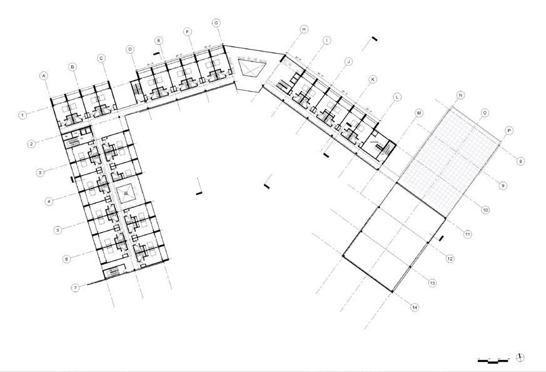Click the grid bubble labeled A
pos(44,76)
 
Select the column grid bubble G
pos(216,23)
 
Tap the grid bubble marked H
pos(304,29)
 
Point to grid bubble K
pos(373,80)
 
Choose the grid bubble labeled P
pos(509,131)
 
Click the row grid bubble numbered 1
pos(23,115)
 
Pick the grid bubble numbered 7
pos(75,288)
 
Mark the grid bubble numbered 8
pos(520,162)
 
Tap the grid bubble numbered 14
pos(414,307)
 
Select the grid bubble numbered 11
pos(467,234)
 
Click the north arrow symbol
pos(520,358)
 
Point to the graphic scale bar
pos(493,361)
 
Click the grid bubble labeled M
pos(420,113)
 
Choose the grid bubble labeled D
pos(130,49)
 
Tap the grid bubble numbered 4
pos(48,201)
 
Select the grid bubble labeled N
pos(460,95)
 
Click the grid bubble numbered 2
pos(31,144)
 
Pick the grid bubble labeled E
pos(159,41)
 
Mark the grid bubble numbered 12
pos(450,259)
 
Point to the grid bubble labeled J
pos(349,61)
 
